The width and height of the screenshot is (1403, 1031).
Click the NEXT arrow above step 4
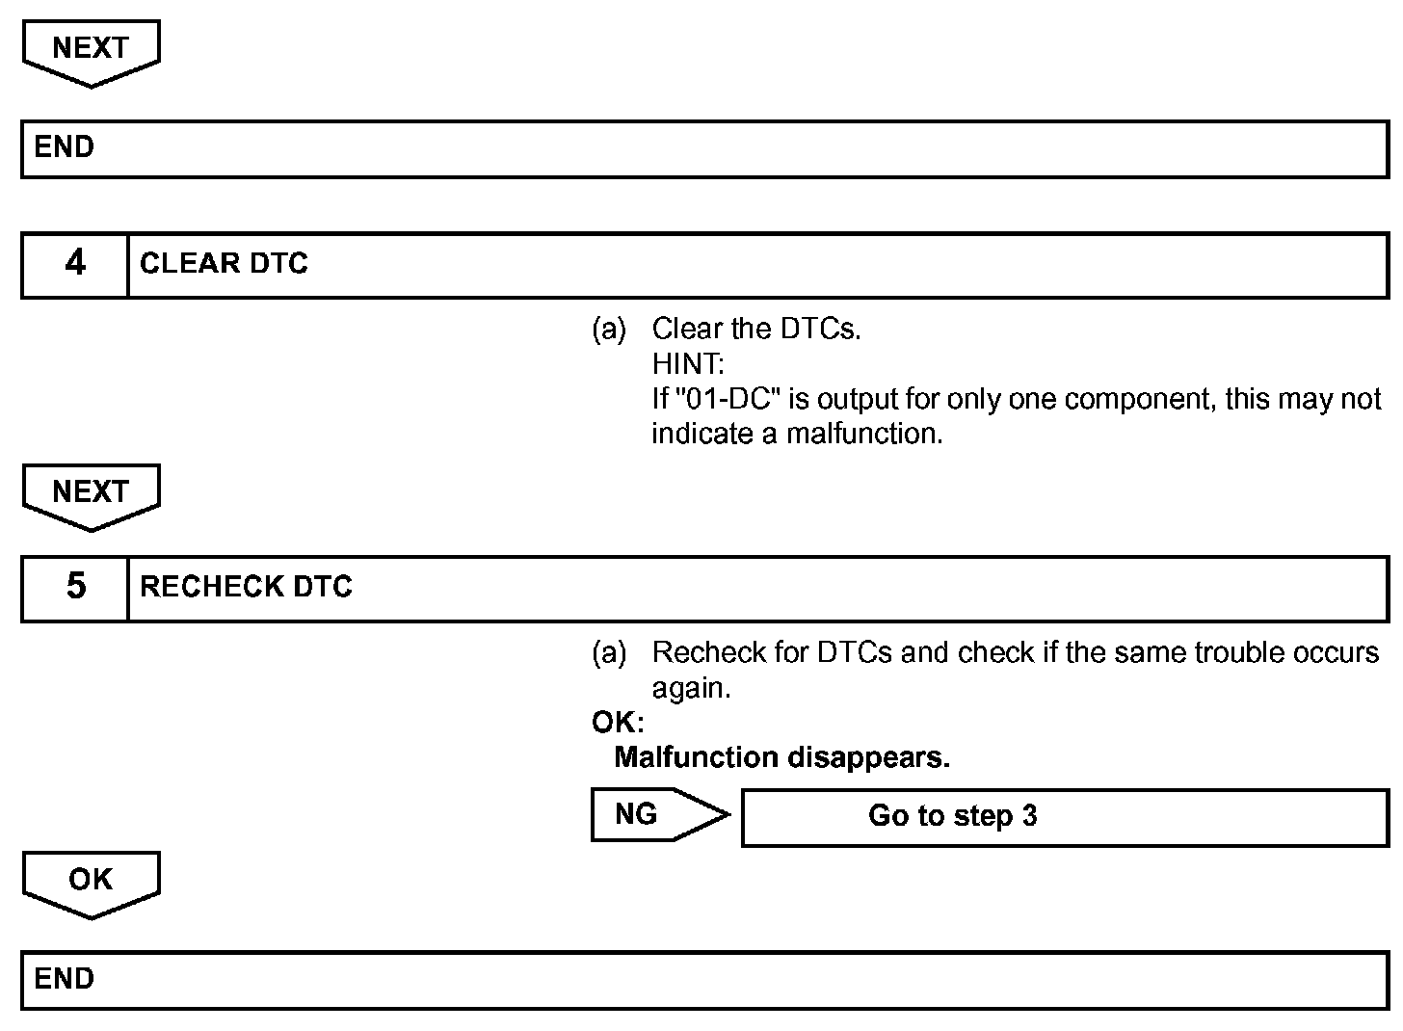point(91,49)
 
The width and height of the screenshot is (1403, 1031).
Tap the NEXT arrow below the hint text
point(91,492)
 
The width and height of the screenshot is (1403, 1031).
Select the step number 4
point(75,264)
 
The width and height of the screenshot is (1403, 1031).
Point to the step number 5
point(75,587)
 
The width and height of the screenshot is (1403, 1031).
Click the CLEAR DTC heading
point(224,264)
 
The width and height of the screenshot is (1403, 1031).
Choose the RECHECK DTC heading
point(246,587)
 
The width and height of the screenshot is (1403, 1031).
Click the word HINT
point(687,364)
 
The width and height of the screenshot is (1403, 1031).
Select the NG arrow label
point(636,814)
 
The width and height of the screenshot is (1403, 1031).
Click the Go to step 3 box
point(1064,816)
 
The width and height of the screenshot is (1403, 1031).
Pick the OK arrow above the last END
point(91,880)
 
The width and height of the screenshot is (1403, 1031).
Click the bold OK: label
point(618,723)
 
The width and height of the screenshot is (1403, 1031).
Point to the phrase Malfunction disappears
point(781,757)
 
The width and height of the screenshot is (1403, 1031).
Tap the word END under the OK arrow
point(65,979)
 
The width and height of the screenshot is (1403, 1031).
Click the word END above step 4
point(65,147)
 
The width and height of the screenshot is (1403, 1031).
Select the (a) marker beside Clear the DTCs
point(608,330)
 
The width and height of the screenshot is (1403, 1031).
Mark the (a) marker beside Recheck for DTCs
point(608,653)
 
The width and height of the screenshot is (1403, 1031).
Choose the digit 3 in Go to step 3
point(1029,816)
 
